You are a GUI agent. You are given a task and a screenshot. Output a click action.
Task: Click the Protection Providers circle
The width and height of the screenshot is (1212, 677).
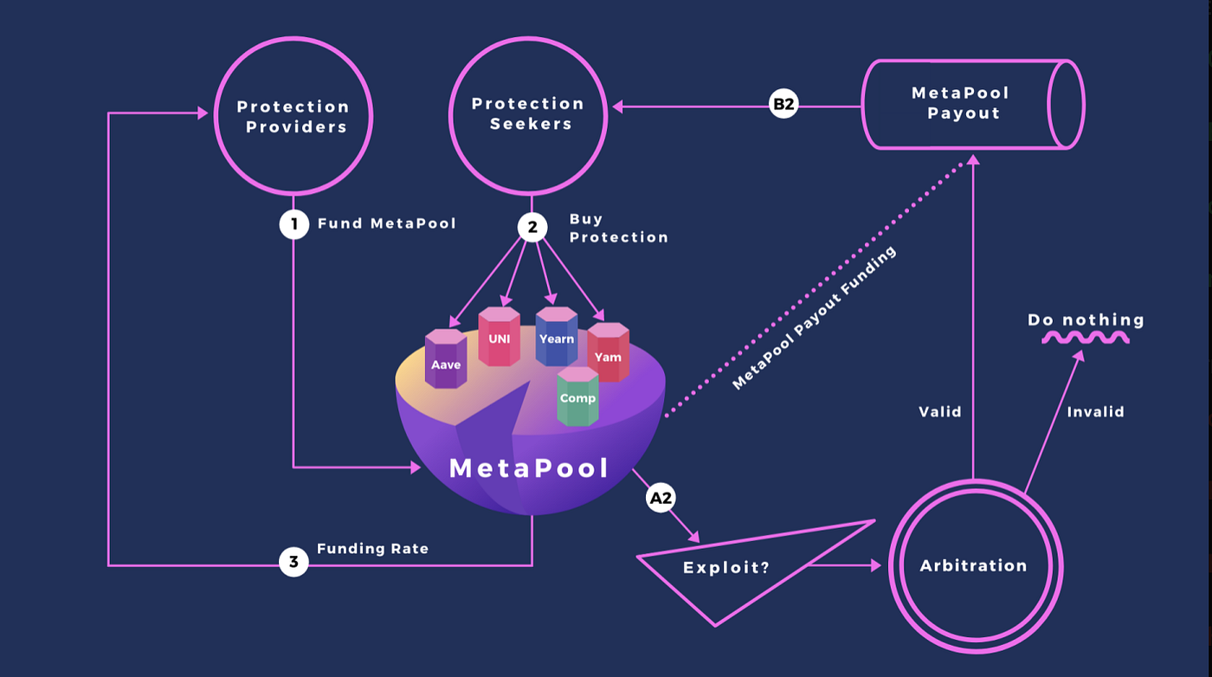click(x=293, y=117)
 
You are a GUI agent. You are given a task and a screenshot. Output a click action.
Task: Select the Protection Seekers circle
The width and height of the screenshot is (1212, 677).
click(x=528, y=113)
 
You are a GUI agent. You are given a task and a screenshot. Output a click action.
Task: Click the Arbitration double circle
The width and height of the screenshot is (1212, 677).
click(x=974, y=566)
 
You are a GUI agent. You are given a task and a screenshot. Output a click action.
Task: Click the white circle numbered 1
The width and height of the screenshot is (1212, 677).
click(x=293, y=224)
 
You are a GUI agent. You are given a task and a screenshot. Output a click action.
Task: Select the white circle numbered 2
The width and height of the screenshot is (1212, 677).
click(x=532, y=227)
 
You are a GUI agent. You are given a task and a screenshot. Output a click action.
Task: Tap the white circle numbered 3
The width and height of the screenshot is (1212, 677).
click(x=293, y=562)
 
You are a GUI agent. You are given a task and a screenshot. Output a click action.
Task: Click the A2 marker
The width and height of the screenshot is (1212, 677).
click(x=660, y=498)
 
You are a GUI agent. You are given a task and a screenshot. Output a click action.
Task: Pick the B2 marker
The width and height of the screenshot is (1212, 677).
click(x=783, y=105)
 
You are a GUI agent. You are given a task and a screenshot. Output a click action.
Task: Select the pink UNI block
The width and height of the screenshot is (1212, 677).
click(x=500, y=338)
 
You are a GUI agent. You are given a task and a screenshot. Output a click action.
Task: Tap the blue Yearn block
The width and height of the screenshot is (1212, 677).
click(x=556, y=338)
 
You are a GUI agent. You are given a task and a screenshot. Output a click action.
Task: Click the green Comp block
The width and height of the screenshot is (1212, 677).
click(x=577, y=397)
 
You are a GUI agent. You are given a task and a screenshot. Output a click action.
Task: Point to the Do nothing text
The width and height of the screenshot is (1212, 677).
click(x=1086, y=320)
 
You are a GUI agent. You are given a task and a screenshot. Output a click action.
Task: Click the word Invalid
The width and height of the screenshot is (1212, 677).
click(x=1095, y=412)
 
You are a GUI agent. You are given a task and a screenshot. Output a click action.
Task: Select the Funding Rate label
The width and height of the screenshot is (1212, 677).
click(x=372, y=549)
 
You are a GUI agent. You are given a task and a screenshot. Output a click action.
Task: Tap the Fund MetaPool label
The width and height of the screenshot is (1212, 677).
click(x=386, y=224)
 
